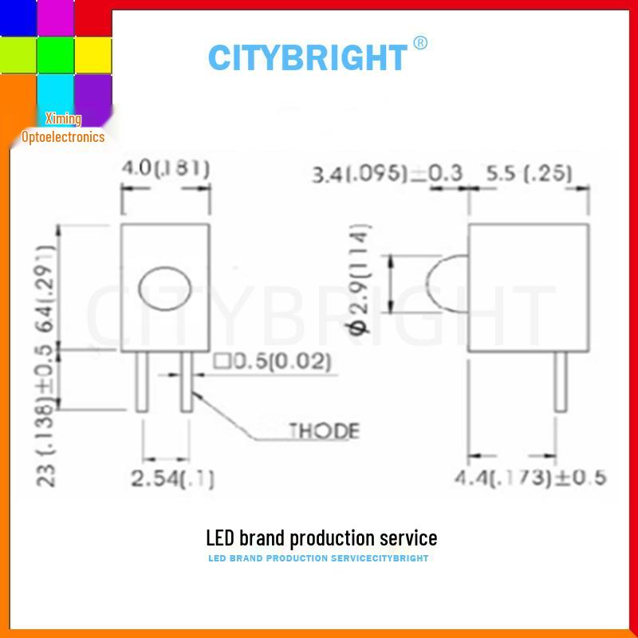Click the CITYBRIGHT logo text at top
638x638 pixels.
307,57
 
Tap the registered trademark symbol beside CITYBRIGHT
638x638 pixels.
421,43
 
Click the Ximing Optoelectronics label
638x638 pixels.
63,128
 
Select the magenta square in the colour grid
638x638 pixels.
55,18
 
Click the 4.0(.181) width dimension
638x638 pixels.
165,168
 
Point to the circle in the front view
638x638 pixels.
164,288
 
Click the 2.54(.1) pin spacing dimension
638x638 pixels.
172,478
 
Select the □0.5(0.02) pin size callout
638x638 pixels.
271,362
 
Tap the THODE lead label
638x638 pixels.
323,431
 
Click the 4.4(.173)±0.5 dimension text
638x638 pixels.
530,478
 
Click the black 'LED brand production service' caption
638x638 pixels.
321,538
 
